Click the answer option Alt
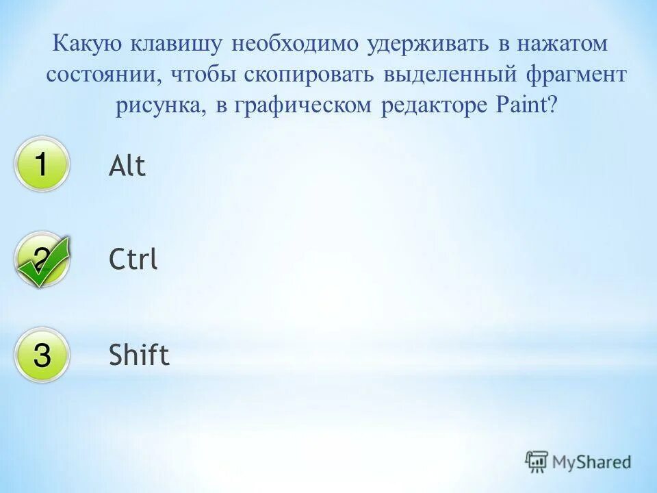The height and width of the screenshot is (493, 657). (127, 166)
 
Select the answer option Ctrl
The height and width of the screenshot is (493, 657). (133, 260)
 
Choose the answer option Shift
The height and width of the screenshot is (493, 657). (139, 355)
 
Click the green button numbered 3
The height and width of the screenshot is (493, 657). (42, 355)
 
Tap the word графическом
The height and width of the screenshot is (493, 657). (302, 105)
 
